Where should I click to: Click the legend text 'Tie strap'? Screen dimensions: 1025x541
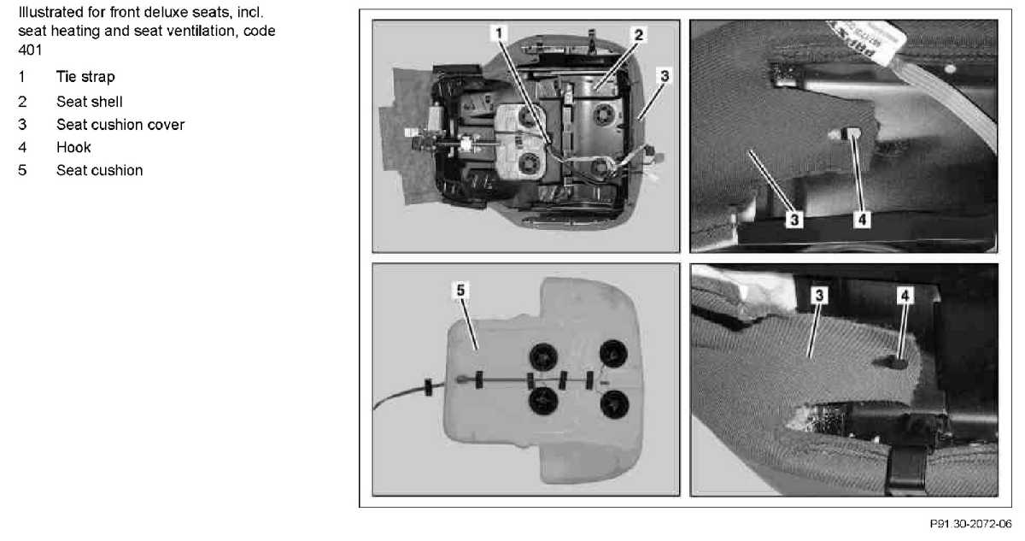click(85, 77)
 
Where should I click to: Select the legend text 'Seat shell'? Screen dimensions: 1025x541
click(89, 102)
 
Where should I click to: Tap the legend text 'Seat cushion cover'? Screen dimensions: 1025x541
click(120, 125)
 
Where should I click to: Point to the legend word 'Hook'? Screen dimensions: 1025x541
click(73, 147)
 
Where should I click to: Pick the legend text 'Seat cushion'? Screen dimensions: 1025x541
click(99, 170)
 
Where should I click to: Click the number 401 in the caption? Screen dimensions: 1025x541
click(30, 50)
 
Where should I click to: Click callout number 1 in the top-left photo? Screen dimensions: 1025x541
click(499, 33)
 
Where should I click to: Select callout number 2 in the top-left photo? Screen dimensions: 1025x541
click(639, 34)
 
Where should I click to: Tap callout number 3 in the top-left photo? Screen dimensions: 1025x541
click(665, 75)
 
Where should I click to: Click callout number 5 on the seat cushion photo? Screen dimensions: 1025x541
click(460, 291)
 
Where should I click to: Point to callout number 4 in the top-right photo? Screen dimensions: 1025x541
click(862, 220)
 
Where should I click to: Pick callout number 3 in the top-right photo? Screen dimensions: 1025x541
click(794, 220)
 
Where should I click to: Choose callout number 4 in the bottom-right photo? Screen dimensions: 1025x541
click(905, 296)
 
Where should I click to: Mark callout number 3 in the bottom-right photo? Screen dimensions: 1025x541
click(819, 295)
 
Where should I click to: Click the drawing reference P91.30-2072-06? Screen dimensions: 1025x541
click(970, 524)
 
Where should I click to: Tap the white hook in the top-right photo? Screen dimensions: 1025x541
click(846, 134)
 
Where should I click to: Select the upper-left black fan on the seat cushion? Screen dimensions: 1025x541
click(543, 356)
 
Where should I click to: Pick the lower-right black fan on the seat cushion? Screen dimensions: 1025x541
click(614, 404)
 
